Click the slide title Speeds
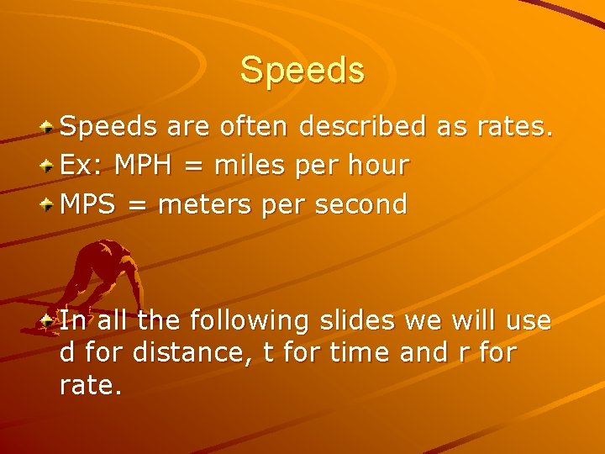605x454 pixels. pos(302,70)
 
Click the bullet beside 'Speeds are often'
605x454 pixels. pos(50,128)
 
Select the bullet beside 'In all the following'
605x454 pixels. pos(50,321)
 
